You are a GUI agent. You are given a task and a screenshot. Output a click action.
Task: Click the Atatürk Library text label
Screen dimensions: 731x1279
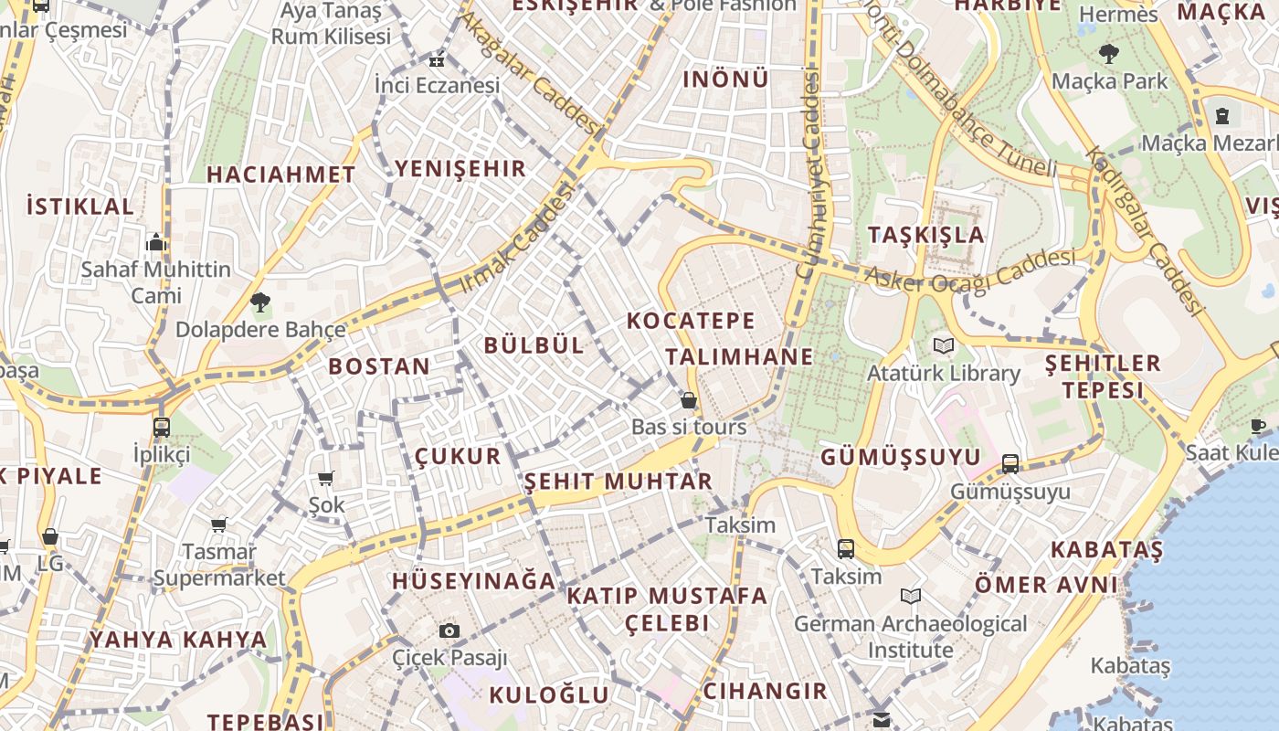943,373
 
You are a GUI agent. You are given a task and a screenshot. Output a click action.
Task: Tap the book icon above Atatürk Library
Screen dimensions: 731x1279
943,346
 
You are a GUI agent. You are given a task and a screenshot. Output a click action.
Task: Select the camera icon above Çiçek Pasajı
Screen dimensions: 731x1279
449,630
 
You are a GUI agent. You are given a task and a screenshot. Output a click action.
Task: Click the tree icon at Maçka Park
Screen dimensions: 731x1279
1109,54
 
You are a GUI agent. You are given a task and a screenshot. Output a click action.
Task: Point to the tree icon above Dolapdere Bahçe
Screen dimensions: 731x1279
260,302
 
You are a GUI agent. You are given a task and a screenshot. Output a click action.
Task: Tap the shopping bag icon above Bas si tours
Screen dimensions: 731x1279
689,400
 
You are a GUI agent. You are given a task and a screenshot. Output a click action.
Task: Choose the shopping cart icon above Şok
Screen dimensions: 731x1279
325,478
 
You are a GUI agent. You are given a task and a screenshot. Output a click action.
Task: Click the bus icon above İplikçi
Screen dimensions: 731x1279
162,427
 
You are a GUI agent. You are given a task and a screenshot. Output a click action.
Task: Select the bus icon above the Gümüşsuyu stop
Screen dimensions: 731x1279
1010,463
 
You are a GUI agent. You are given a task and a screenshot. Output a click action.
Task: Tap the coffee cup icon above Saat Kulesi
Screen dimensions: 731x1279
1258,425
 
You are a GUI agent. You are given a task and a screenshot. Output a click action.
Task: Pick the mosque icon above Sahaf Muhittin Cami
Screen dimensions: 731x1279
155,242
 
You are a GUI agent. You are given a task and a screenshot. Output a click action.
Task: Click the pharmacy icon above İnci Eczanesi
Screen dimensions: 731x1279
436,60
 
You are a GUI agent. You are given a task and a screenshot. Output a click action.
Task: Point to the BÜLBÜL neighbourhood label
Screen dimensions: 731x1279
534,344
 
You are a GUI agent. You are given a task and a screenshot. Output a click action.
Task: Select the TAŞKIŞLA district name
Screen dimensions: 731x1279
926,234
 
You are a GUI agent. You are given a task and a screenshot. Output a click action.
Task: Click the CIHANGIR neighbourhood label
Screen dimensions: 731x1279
765,690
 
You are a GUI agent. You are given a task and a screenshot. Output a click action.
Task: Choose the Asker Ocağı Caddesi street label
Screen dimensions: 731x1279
970,270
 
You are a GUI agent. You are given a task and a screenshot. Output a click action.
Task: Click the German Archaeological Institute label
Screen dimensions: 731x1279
910,637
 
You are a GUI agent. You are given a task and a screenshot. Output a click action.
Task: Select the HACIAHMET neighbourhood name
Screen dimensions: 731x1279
280,175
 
